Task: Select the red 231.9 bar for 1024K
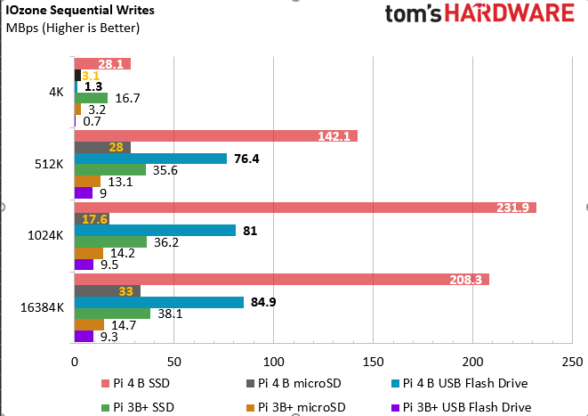pos(304,208)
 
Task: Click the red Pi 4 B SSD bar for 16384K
pos(281,280)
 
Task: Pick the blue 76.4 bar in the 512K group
pos(150,159)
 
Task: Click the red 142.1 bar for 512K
pos(215,136)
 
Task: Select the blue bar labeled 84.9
pos(158,302)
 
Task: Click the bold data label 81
pos(251,231)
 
